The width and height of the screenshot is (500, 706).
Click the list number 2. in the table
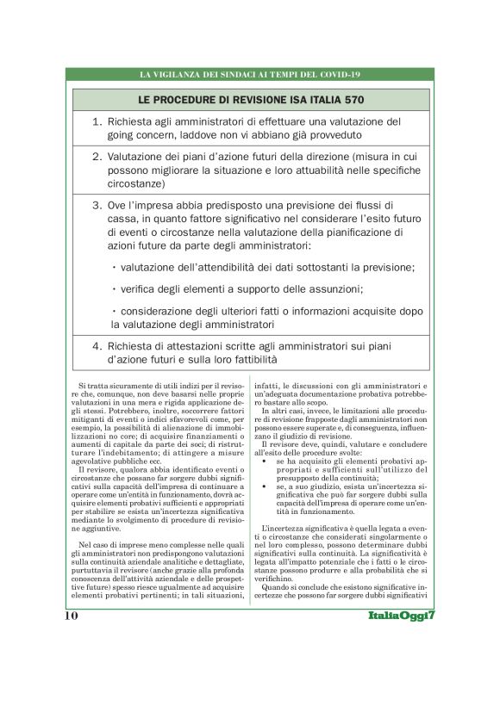tap(97, 158)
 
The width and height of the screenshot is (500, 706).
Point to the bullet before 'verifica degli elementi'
tap(115, 288)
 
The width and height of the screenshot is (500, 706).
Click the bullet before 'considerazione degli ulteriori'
tap(115, 311)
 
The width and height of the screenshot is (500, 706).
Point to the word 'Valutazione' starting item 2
tap(138, 158)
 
